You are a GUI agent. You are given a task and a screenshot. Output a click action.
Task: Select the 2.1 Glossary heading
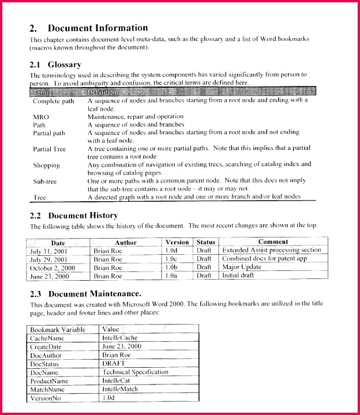pos(55,65)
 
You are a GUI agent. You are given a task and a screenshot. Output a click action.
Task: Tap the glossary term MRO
pos(41,116)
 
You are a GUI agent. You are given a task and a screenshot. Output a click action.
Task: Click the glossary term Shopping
pos(47,165)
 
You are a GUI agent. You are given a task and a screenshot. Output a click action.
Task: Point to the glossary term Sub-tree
pos(46,181)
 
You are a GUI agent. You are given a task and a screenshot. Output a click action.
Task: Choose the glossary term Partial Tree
pos(50,149)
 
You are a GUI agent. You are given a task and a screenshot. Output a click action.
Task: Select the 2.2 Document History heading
pos(74,215)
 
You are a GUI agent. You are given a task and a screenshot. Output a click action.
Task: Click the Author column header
pos(125,243)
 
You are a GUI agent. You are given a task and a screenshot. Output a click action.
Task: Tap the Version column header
pos(177,243)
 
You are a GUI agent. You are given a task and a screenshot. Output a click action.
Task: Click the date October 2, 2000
pos(52,267)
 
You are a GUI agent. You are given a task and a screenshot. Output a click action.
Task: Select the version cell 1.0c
pos(171,259)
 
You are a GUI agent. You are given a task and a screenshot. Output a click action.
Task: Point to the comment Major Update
pos(242,267)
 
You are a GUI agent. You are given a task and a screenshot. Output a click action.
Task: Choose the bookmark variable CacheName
pos(47,338)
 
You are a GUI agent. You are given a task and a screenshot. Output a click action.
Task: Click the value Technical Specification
pos(135,372)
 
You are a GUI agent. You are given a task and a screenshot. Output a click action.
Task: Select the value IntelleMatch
pos(120,390)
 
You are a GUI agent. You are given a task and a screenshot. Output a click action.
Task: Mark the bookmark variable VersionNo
pos(48,398)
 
